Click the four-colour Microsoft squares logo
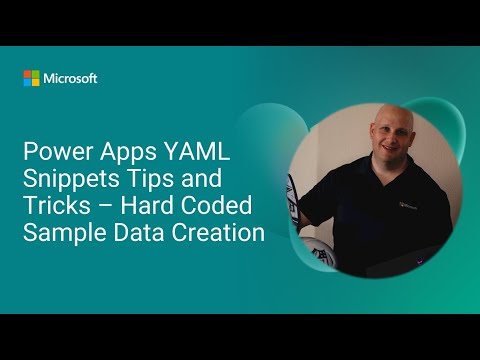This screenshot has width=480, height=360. tap(32, 78)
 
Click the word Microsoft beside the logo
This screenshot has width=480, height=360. tap(70, 78)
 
